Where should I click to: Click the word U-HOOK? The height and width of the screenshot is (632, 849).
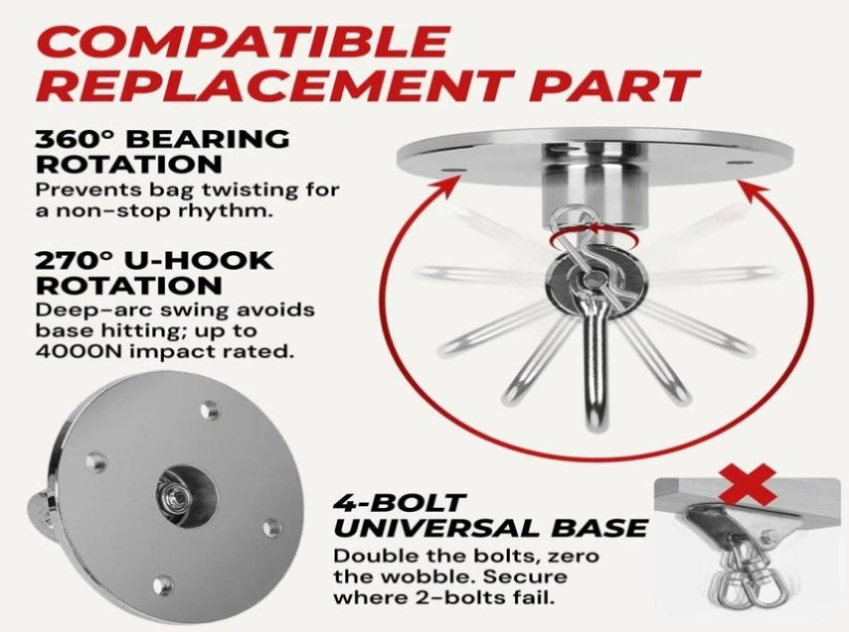point(199,260)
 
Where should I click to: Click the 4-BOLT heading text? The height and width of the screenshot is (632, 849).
point(399,504)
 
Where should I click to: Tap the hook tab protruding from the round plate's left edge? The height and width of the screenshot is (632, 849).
point(38,507)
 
